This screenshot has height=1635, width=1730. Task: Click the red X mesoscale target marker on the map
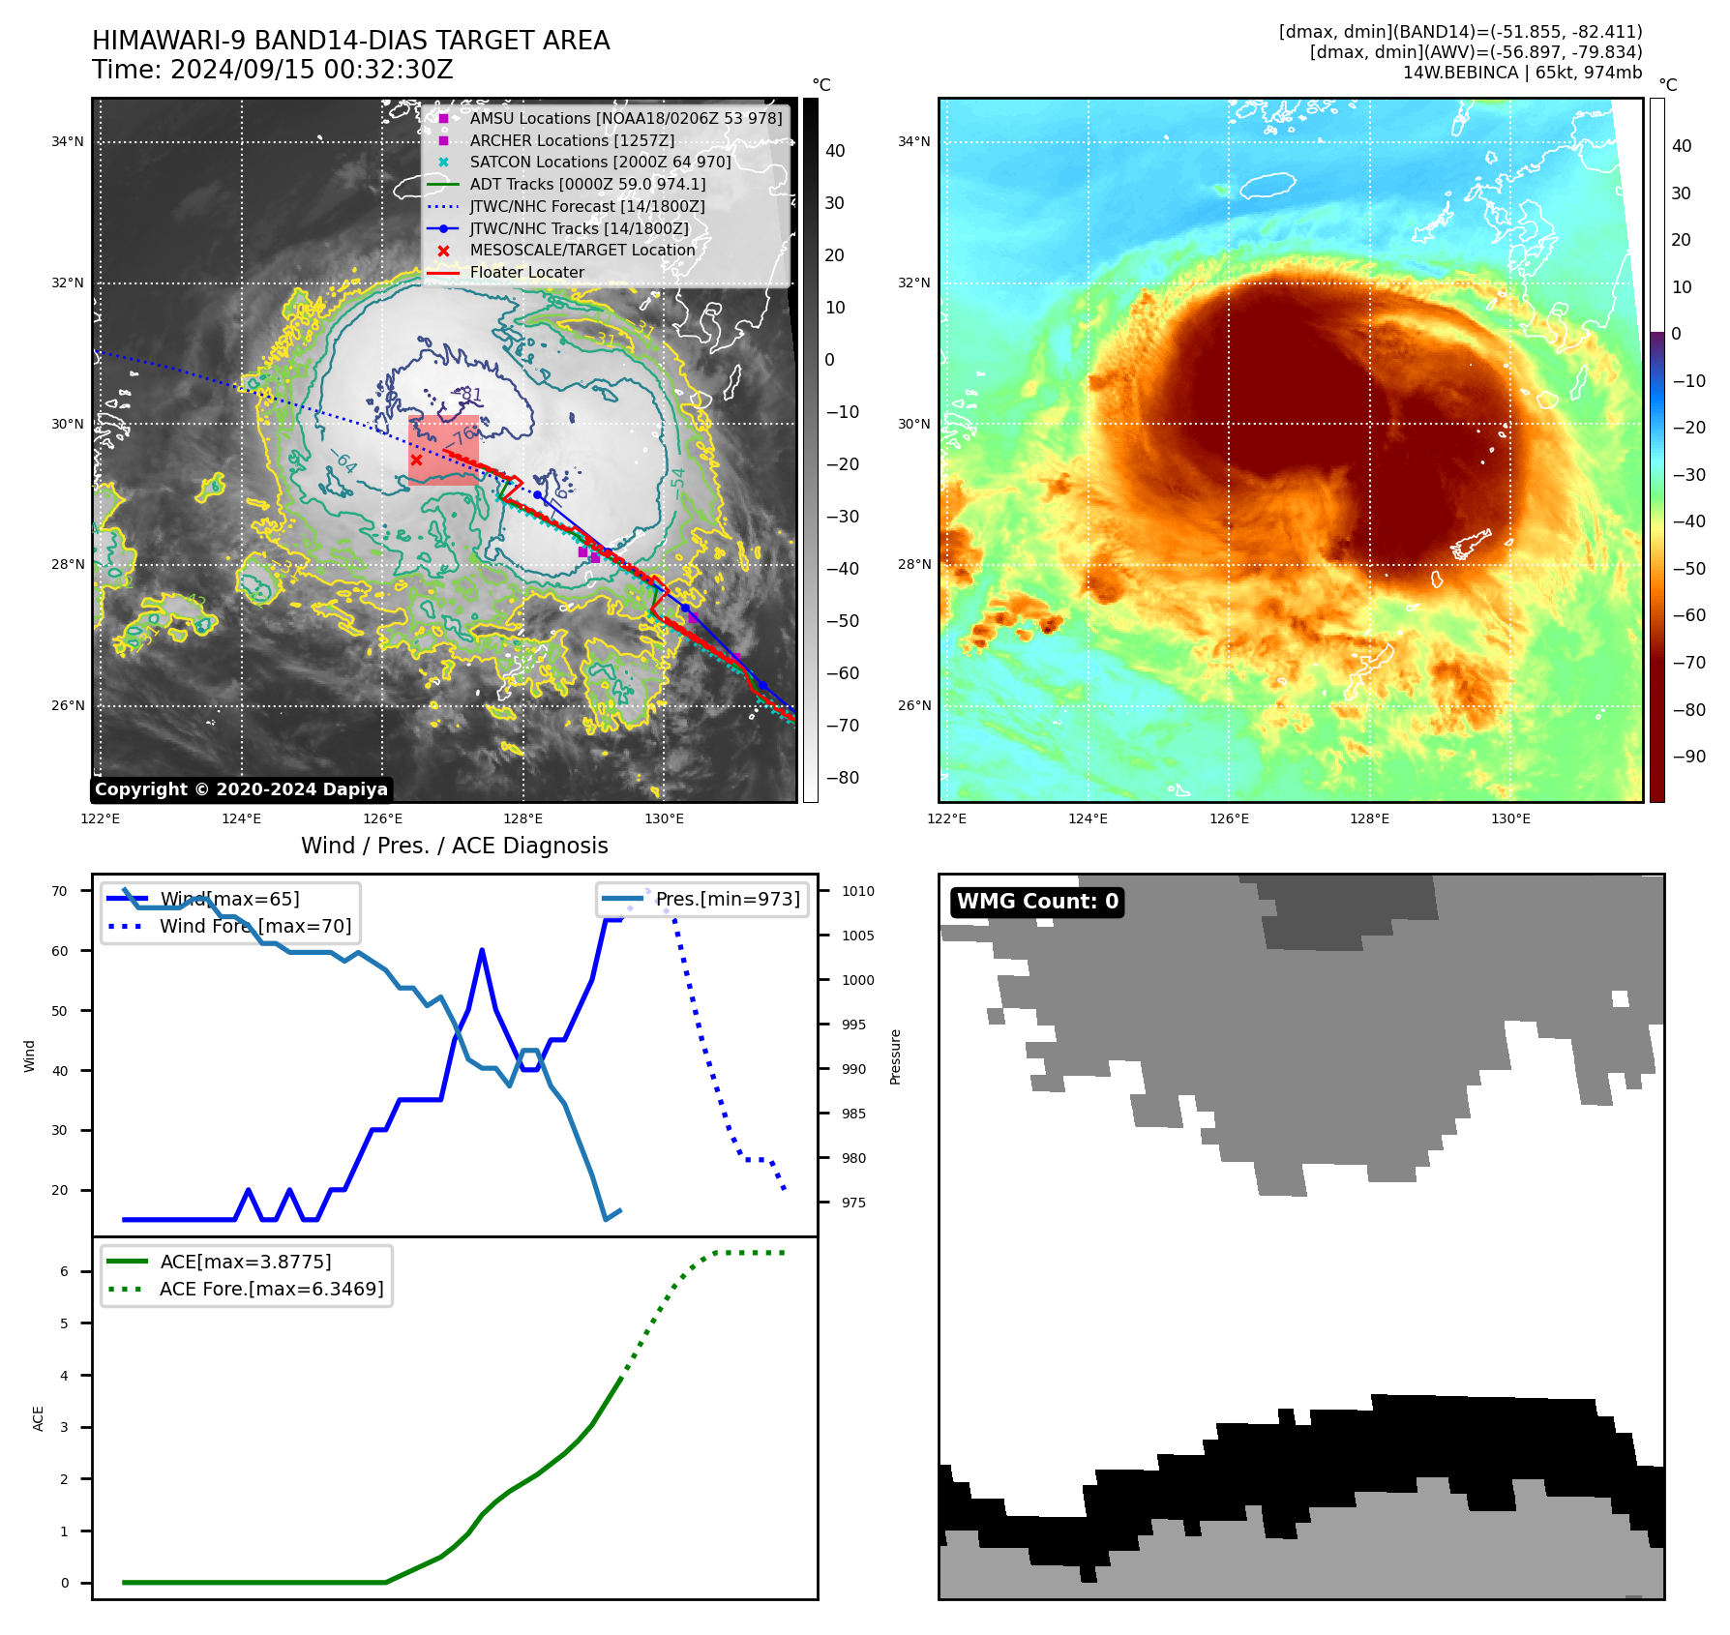tap(416, 460)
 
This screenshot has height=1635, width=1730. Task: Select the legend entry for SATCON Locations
tap(600, 163)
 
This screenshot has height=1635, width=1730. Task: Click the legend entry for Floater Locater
tap(526, 273)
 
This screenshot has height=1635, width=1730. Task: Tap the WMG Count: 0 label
tap(1037, 902)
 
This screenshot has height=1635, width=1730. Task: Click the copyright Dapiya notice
tap(241, 789)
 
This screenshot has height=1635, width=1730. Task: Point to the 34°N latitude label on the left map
tap(68, 142)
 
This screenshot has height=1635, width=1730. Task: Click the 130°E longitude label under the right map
tap(1510, 819)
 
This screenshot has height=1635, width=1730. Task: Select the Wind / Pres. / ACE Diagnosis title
tap(454, 846)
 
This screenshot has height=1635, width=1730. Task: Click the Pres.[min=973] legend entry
tap(728, 900)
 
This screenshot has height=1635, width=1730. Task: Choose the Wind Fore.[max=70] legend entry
tap(255, 927)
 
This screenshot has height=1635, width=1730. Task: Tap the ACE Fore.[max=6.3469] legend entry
tap(271, 1290)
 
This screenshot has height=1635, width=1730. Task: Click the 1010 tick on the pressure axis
tap(857, 892)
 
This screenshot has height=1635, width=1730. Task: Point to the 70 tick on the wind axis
tap(60, 892)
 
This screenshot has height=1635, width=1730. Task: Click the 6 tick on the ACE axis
tap(65, 1272)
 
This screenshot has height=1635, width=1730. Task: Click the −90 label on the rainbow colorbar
tap(1688, 757)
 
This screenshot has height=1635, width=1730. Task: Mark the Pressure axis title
tap(896, 1056)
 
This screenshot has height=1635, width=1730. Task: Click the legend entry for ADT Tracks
tap(587, 185)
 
